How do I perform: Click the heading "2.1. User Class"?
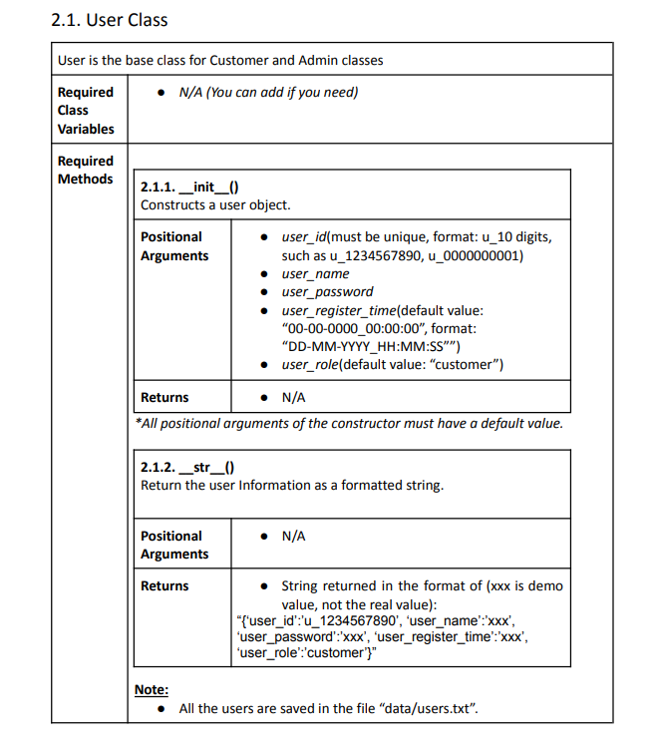[x=109, y=20]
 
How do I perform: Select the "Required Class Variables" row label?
[x=86, y=110]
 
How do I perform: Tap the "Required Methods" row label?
[x=86, y=170]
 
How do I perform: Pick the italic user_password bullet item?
[x=327, y=291]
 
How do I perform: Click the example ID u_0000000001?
[x=476, y=255]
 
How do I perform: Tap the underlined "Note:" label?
[x=151, y=689]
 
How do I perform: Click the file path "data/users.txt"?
[x=428, y=709]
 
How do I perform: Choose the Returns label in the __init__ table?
[x=164, y=397]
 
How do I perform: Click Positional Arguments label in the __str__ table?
[x=174, y=545]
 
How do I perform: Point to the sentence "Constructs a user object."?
[x=215, y=205]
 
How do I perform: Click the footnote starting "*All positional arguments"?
[x=349, y=423]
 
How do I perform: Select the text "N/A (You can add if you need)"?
[x=268, y=92]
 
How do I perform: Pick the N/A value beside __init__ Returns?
[x=293, y=397]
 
